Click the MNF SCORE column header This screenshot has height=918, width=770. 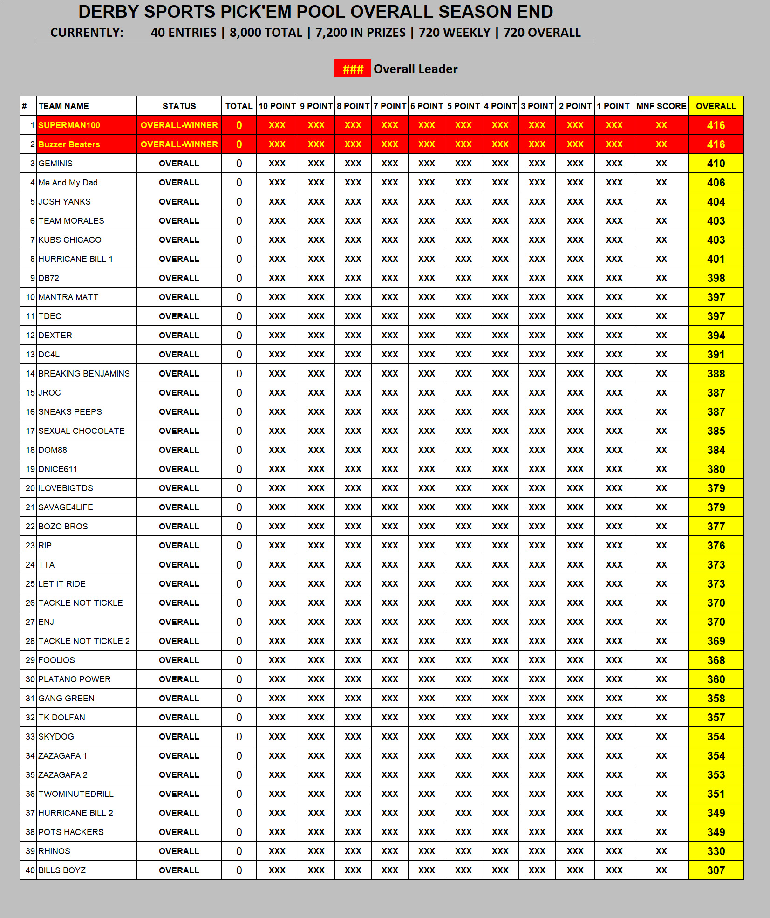click(x=661, y=106)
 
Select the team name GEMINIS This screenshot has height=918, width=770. click(x=55, y=164)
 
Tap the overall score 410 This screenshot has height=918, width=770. click(x=715, y=164)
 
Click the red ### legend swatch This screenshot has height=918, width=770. click(x=353, y=69)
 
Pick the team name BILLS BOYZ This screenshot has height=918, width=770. click(x=62, y=870)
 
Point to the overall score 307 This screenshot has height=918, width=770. click(x=715, y=870)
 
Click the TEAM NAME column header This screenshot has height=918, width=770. click(x=64, y=106)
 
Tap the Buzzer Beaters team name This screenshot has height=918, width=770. click(x=69, y=144)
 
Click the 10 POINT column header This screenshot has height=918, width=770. click(x=277, y=106)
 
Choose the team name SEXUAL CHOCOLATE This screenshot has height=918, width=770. click(x=82, y=431)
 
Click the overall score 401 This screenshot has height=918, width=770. click(x=715, y=259)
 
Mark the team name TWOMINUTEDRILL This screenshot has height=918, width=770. click(x=76, y=794)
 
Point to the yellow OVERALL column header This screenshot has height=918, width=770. click(x=715, y=106)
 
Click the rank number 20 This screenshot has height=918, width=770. click(x=30, y=488)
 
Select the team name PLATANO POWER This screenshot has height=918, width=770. click(x=75, y=679)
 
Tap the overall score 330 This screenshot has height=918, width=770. click(x=715, y=851)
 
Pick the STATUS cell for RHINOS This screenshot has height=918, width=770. click(x=179, y=851)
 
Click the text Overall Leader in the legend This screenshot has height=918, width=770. click(x=416, y=69)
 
